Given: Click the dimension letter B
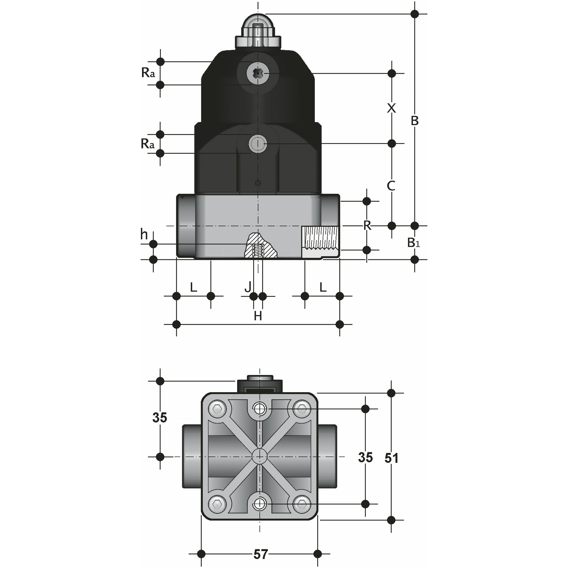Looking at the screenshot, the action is click(415, 121).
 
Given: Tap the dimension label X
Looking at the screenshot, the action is click(391, 108).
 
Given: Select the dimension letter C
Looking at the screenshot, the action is click(391, 186).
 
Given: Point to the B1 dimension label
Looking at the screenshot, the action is click(414, 243).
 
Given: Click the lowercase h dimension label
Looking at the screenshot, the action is click(144, 234).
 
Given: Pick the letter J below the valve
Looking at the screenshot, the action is click(248, 287).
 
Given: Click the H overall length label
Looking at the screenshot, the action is click(258, 316).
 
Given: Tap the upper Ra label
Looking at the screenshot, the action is click(148, 72).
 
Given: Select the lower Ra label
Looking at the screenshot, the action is click(148, 144).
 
